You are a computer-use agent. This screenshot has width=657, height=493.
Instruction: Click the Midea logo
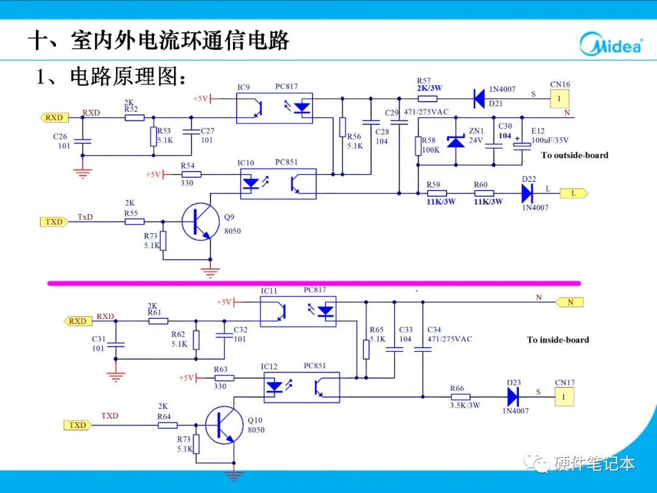[x=610, y=44]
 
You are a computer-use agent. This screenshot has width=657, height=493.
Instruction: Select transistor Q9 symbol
[x=200, y=223]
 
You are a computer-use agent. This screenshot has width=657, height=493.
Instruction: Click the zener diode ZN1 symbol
[x=455, y=141]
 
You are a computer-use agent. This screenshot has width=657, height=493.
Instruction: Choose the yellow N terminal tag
[x=569, y=302]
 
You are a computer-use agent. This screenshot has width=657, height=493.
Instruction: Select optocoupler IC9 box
[x=274, y=108]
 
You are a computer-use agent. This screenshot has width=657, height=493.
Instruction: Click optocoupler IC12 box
[x=301, y=387]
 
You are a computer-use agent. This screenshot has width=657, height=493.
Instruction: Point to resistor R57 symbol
[x=428, y=97]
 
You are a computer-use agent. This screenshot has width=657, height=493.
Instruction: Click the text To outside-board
[x=574, y=155]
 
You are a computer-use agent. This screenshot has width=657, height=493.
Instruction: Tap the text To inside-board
[x=558, y=340]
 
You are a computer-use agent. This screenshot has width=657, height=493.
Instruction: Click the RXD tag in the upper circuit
[x=54, y=117]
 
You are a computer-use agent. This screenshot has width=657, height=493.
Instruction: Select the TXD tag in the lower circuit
[x=77, y=425]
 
